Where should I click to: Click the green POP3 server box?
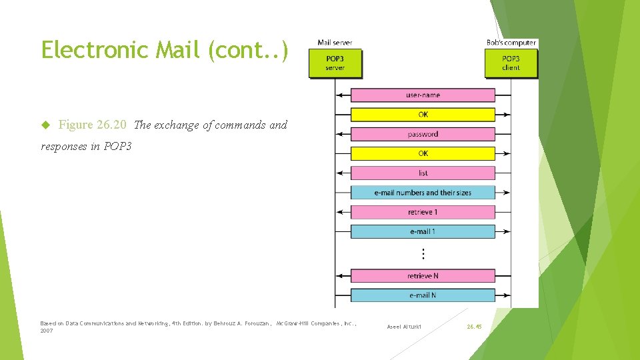coord(335,63)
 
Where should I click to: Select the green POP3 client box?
coord(511,63)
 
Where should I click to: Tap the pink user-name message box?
coord(423,95)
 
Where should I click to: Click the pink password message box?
coord(423,134)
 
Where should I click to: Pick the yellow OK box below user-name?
coord(423,115)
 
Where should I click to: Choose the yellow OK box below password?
coord(423,153)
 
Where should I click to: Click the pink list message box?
coord(423,173)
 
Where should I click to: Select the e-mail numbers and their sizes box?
coord(423,193)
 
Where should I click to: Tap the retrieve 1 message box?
coord(423,212)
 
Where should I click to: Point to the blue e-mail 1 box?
coord(423,231)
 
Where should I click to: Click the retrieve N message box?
coord(423,275)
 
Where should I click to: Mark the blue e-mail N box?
coord(423,295)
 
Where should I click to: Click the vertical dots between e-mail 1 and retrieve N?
coord(423,253)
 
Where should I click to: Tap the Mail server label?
coord(335,43)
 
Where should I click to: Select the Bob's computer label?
coord(511,43)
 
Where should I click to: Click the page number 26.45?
coord(474,327)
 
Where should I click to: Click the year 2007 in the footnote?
coord(47,331)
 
